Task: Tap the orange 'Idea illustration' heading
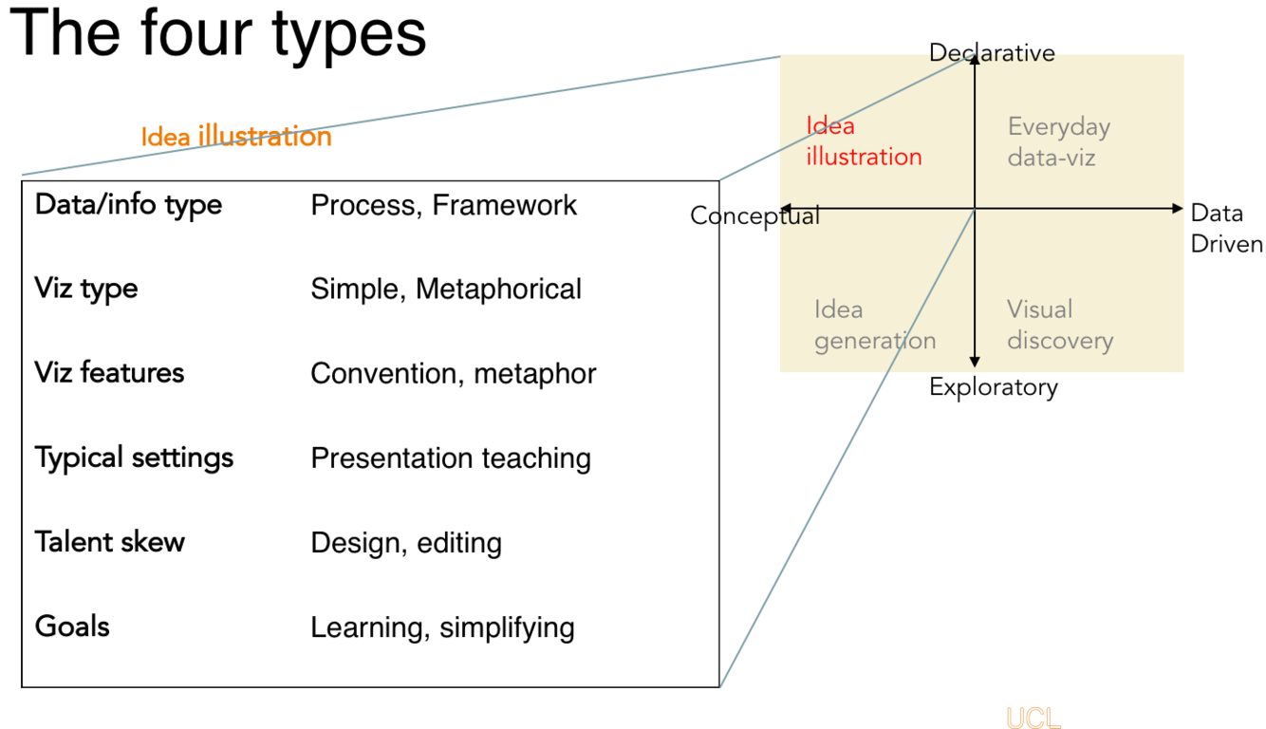coord(236,137)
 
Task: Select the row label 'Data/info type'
coord(128,204)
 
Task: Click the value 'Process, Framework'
coord(443,205)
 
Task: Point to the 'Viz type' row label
coord(86,289)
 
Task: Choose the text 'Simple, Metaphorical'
coord(446,289)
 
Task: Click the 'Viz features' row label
coord(109,372)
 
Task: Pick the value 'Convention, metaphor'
coord(453,373)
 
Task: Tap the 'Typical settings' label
coord(134,458)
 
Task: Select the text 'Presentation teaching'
coord(451,458)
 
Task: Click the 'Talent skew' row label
coord(110,542)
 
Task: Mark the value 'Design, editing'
coord(406,543)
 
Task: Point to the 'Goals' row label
coord(72,626)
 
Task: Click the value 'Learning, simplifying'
coord(442,627)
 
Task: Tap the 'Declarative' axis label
coord(992,52)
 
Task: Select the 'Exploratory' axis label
coord(993,387)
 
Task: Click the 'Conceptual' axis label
coord(754,215)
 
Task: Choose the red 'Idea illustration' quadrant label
coord(864,141)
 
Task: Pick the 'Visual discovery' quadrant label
coord(1059,325)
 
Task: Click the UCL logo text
coord(1033,718)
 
